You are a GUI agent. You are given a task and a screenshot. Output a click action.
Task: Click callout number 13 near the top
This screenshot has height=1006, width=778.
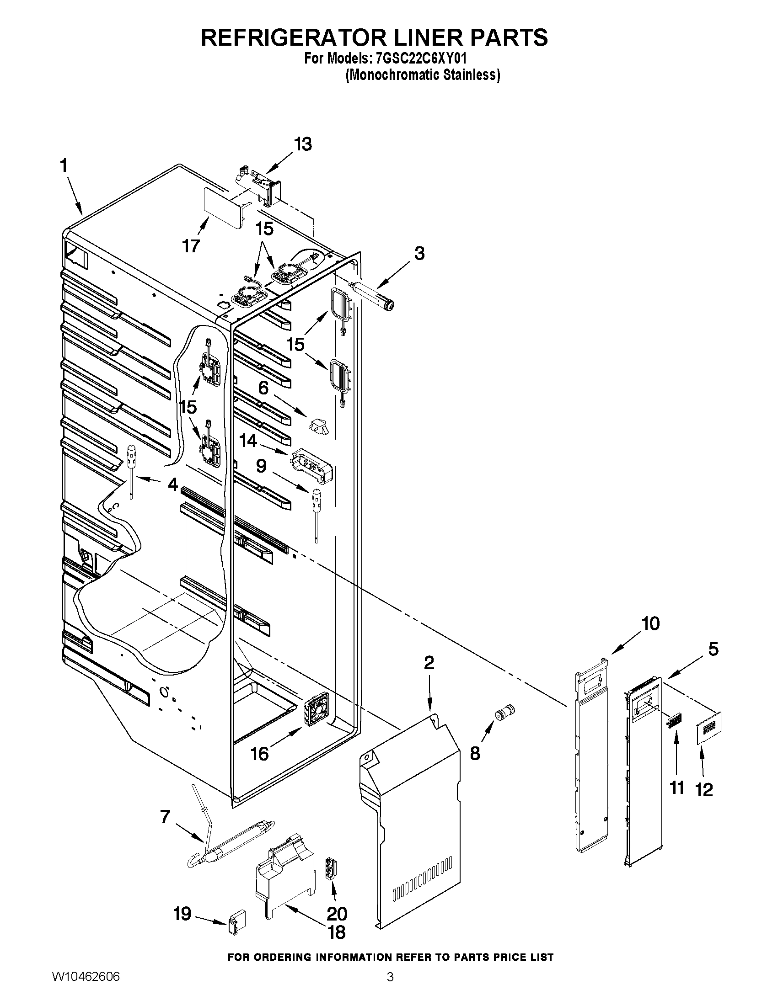click(302, 144)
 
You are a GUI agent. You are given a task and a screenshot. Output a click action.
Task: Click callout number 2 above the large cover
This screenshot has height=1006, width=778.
click(429, 663)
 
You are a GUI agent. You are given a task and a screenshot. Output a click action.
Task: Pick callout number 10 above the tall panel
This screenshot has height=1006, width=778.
click(650, 624)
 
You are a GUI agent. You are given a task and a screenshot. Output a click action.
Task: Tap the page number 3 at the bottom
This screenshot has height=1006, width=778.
click(390, 990)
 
